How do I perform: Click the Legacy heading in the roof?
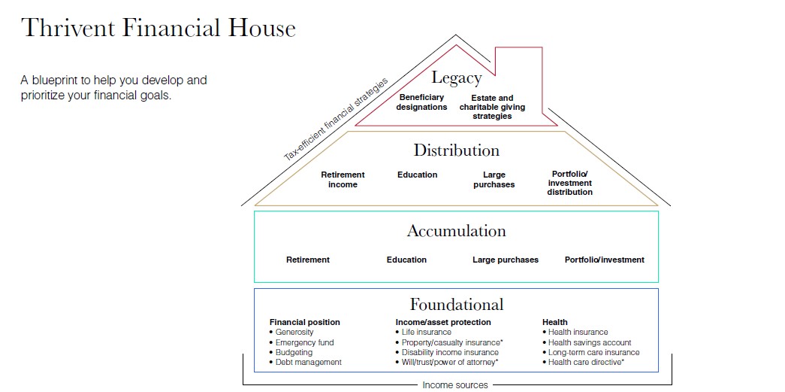point(456,77)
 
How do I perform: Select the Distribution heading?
point(456,150)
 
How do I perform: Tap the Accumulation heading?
point(456,231)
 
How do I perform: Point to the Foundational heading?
point(456,305)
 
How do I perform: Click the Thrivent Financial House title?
point(159,28)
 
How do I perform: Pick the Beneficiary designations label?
point(421,102)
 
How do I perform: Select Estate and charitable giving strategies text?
point(492,107)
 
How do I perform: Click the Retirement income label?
point(343,180)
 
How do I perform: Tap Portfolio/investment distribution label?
point(569,183)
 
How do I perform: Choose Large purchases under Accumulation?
point(505,260)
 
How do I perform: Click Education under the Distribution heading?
point(417,175)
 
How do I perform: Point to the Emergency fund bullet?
point(303,342)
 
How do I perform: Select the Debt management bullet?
point(308,362)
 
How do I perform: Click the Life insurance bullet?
point(426,332)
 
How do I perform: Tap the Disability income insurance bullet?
point(449,352)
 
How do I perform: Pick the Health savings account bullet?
point(589,342)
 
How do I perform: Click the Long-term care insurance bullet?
point(593,352)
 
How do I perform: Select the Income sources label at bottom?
point(454,385)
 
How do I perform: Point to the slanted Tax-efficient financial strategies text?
point(336,118)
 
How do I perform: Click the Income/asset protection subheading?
point(442,322)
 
